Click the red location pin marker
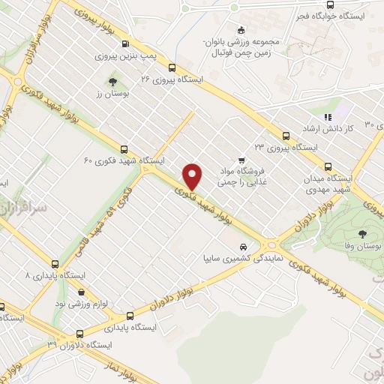pyautogui.click(x=193, y=175)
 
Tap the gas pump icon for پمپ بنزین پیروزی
pyautogui.click(x=124, y=43)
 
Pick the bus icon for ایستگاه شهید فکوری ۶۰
pyautogui.click(x=124, y=148)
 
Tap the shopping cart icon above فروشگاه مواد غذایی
pyautogui.click(x=241, y=160)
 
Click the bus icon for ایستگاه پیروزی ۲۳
pyautogui.click(x=285, y=136)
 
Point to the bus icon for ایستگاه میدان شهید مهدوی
pyautogui.click(x=327, y=167)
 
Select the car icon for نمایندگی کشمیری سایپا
pyautogui.click(x=242, y=247)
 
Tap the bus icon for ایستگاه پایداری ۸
pyautogui.click(x=54, y=263)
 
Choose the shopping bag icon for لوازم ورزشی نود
pyautogui.click(x=82, y=292)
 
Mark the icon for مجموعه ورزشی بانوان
pyautogui.click(x=241, y=30)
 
